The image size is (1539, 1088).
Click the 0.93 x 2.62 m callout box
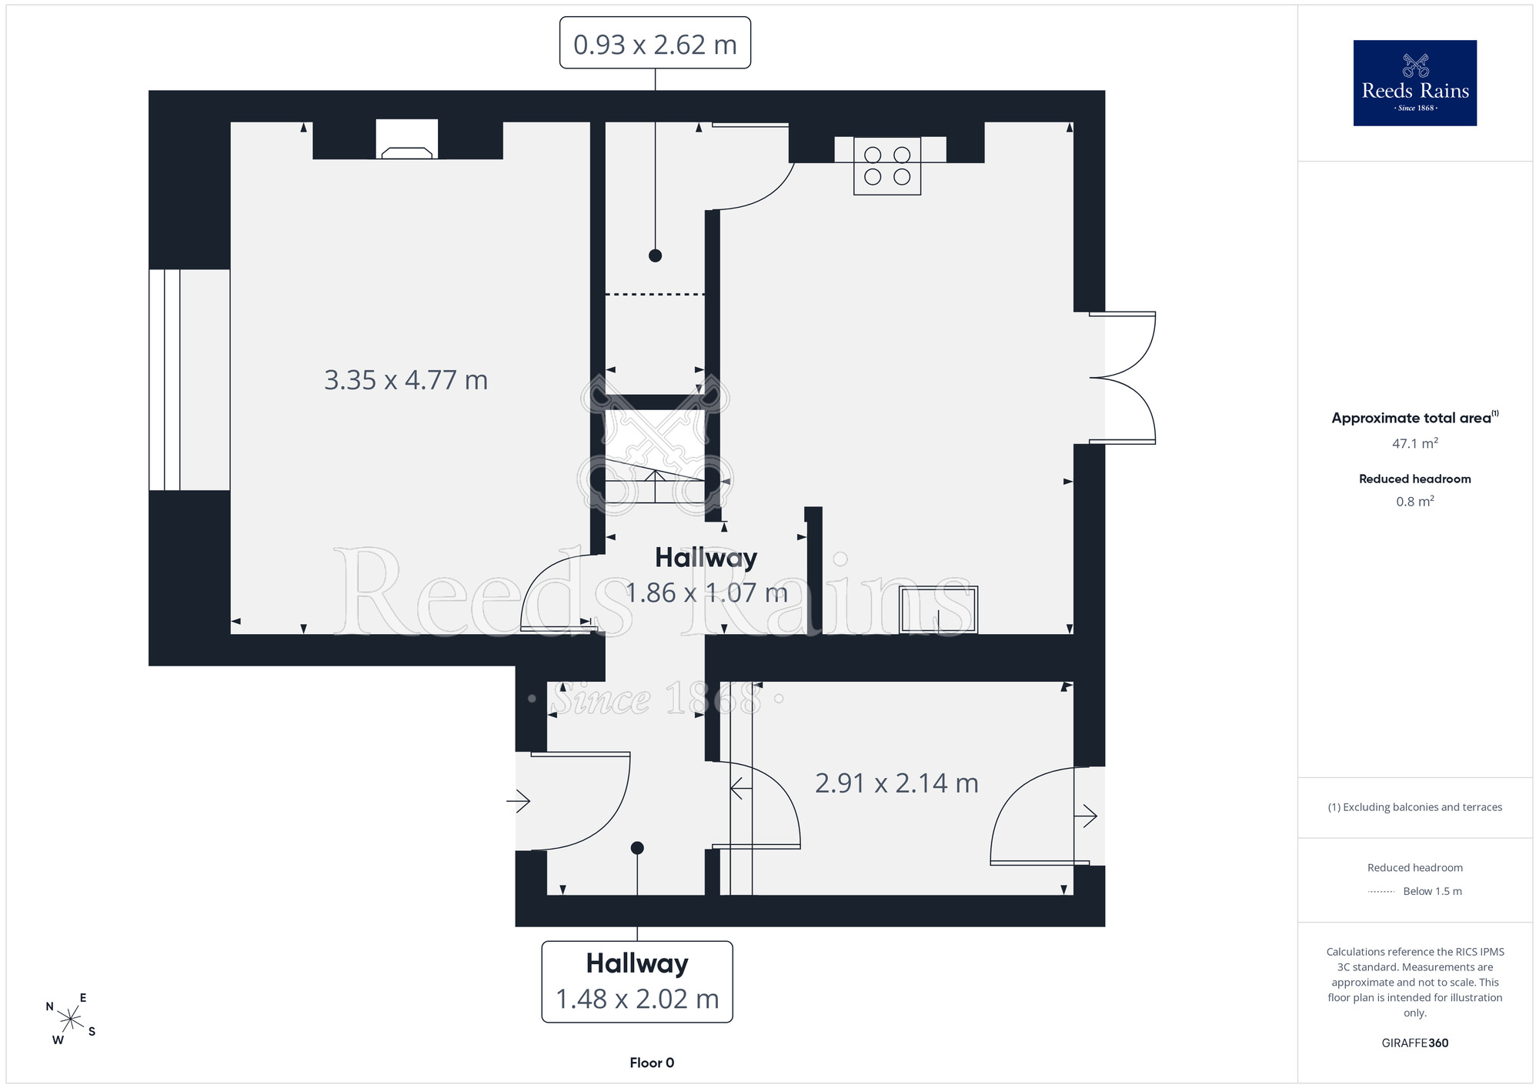[x=655, y=43]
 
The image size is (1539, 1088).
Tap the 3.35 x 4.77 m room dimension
[x=406, y=380]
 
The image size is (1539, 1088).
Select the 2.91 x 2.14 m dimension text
[x=896, y=783]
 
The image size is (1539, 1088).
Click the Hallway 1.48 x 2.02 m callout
[x=637, y=982]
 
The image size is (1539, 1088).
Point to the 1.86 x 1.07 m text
[x=706, y=592]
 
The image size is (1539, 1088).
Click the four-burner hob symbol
[x=887, y=165]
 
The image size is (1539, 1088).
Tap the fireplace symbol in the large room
[x=406, y=139]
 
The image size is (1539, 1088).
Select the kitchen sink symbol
[x=939, y=610]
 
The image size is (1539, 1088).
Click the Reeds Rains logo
[x=1415, y=83]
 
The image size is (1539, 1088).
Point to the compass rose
[x=71, y=1020]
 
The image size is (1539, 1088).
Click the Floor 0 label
[x=652, y=1063]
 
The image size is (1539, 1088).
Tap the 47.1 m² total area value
[x=1415, y=443]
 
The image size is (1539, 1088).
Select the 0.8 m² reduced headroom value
[x=1415, y=502]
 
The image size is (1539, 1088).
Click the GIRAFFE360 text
[x=1415, y=1043]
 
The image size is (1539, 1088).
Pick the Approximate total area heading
[x=1415, y=417]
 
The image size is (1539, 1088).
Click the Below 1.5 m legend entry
[x=1415, y=891]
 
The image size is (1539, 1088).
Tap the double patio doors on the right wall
[x=1123, y=378]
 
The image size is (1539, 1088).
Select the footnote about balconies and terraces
[x=1415, y=807]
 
